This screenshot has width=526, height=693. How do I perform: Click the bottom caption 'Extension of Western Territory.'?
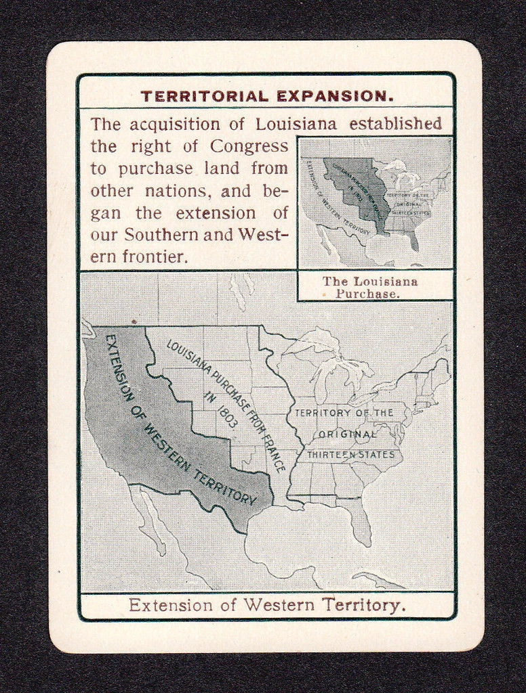(267, 604)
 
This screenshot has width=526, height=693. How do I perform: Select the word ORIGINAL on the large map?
(347, 434)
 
